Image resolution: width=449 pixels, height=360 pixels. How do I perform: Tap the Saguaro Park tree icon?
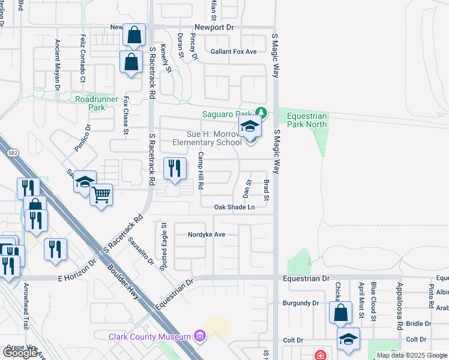261,112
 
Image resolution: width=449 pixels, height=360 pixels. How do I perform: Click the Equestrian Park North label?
307,120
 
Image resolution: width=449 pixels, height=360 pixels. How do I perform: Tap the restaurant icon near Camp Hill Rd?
174,168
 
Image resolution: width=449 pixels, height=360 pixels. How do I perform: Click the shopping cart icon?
101,194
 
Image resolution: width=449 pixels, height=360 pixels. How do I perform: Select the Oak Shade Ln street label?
235,207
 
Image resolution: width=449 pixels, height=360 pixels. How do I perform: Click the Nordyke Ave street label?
206,234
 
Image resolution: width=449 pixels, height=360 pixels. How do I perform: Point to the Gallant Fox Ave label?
234,52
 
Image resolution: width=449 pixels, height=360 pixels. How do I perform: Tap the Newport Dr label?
214,28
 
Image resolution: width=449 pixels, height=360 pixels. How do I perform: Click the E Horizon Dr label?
77,278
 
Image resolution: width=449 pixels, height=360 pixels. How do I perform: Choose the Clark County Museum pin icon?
200,337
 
